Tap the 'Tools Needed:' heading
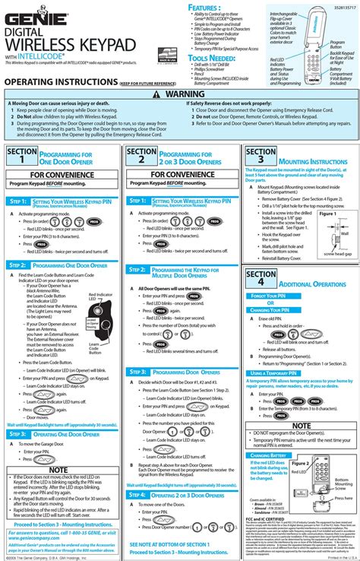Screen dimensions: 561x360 213,58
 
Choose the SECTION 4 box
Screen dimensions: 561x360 261,278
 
